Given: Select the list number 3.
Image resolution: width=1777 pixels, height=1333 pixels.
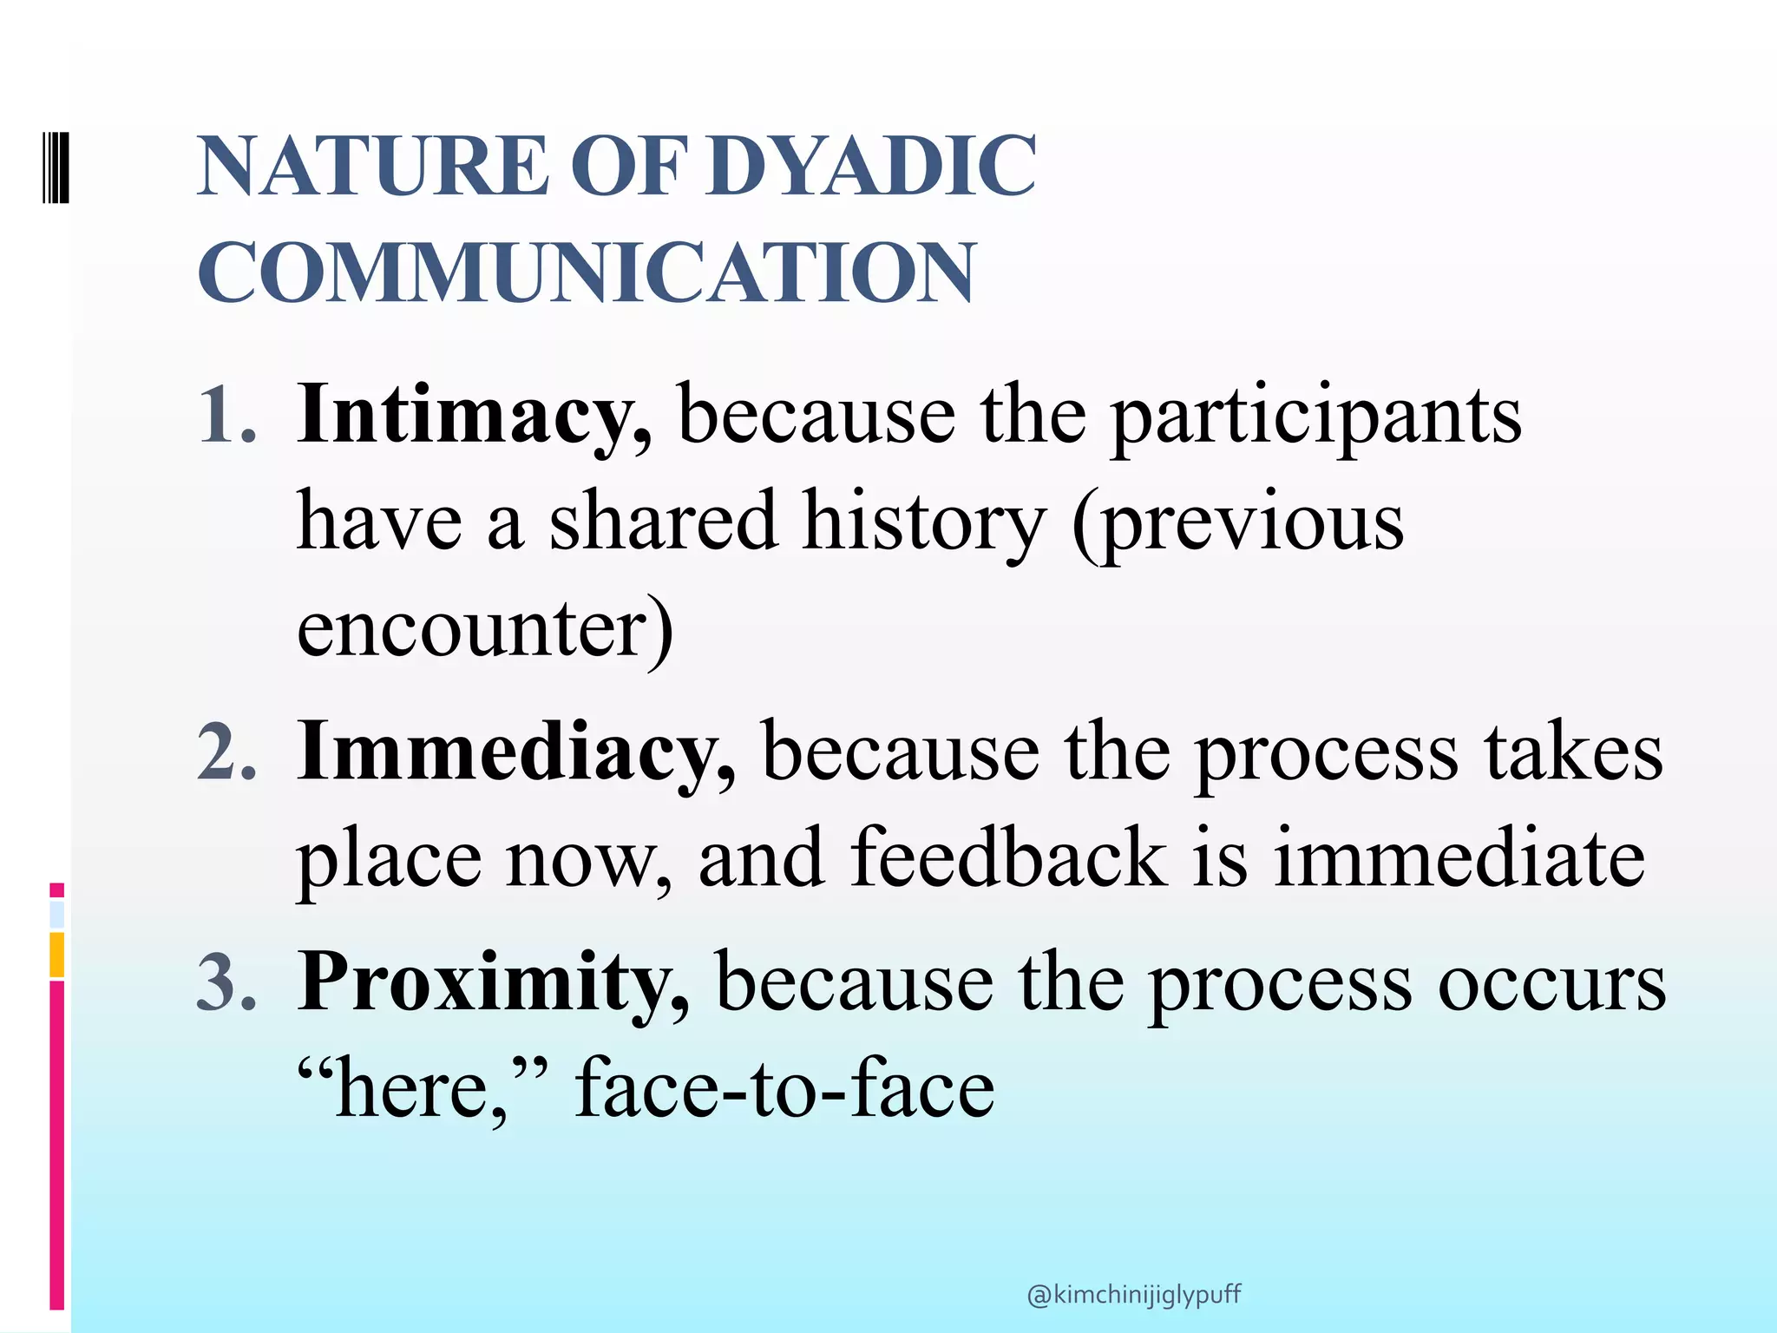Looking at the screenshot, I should point(227,983).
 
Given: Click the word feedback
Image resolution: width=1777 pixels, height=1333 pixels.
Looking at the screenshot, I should point(1008,858).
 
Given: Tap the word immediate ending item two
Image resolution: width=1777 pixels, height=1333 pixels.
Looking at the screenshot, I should point(1459,858).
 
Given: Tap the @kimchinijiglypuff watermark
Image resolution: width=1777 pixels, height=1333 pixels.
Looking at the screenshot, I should point(1133,1296).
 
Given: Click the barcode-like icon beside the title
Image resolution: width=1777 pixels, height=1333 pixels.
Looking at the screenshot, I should point(56,166).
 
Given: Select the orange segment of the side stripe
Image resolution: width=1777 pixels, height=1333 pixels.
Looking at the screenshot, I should point(56,955).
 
